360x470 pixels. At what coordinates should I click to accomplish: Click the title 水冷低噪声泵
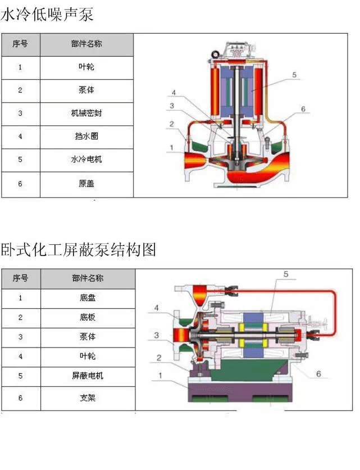pos(47,15)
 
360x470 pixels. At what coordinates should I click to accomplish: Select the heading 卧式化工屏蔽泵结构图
pos(78,249)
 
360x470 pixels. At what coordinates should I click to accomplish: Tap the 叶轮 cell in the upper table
pos(86,67)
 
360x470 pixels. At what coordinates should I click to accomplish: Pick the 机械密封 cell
pos(86,113)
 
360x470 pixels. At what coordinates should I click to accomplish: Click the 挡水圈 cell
pos(86,136)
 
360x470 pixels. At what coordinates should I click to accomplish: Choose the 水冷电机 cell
pos(86,159)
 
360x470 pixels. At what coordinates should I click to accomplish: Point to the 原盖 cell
pos(86,184)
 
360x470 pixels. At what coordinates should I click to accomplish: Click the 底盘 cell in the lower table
pos(88,298)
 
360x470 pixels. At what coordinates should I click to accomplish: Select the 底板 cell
pos(88,317)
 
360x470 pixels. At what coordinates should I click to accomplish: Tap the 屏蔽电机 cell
pos(88,376)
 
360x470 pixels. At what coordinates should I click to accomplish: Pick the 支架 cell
pos(88,398)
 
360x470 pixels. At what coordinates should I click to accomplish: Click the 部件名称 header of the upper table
pos(86,43)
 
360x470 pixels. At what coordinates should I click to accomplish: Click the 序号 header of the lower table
pos(20,278)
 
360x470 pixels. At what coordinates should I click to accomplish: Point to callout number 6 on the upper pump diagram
pos(303,109)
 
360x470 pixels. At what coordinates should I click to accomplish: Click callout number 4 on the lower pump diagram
pos(157,308)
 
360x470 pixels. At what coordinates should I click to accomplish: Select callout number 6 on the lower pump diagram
pos(318,373)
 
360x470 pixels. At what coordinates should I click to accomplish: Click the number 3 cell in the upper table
pos(20,113)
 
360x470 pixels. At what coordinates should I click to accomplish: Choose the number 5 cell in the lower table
pos(20,376)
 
